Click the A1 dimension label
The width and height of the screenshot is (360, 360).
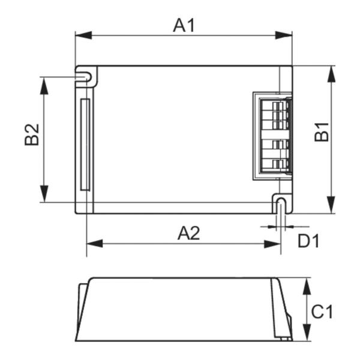point(184,25)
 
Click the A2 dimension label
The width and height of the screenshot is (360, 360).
point(188,233)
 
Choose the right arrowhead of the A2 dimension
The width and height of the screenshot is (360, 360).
point(275,244)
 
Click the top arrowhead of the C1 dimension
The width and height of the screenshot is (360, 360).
point(307,283)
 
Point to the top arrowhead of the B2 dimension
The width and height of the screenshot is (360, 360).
point(44,82)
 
